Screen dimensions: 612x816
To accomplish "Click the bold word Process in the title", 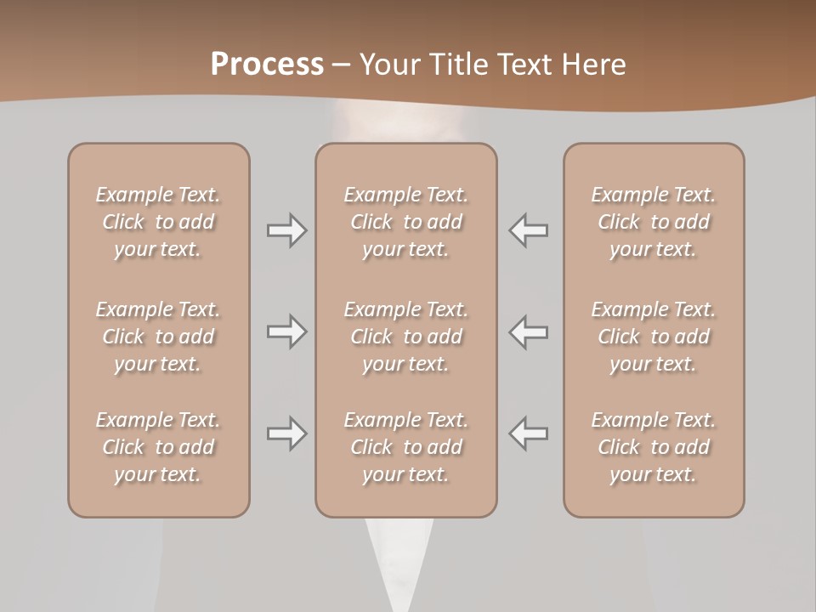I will pos(267,65).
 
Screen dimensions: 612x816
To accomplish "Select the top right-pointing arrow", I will pos(286,229).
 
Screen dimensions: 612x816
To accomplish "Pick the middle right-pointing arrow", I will pos(286,331).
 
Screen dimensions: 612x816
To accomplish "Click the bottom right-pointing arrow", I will pos(286,433).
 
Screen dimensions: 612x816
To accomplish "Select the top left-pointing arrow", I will pos(529,229).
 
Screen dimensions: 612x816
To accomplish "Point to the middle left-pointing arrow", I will pos(529,331).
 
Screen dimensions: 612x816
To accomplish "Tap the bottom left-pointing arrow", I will pos(529,433).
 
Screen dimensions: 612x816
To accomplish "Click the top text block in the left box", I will pos(158,222).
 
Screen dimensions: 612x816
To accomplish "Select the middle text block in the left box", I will pos(158,337).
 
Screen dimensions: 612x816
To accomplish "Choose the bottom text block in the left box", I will pos(158,447).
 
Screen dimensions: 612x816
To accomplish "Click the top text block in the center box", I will pos(405,222).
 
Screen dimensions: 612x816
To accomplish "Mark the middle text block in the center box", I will pos(405,337).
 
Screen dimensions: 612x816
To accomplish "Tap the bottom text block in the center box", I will pos(405,447).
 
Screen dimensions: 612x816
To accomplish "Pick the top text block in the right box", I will pos(653,222).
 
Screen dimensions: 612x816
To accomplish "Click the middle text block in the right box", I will pos(653,337).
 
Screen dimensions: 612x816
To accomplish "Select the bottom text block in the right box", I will pos(653,447).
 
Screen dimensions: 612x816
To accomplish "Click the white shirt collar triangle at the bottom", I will pos(399,565).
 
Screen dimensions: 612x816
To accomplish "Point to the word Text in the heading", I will pos(525,65).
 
